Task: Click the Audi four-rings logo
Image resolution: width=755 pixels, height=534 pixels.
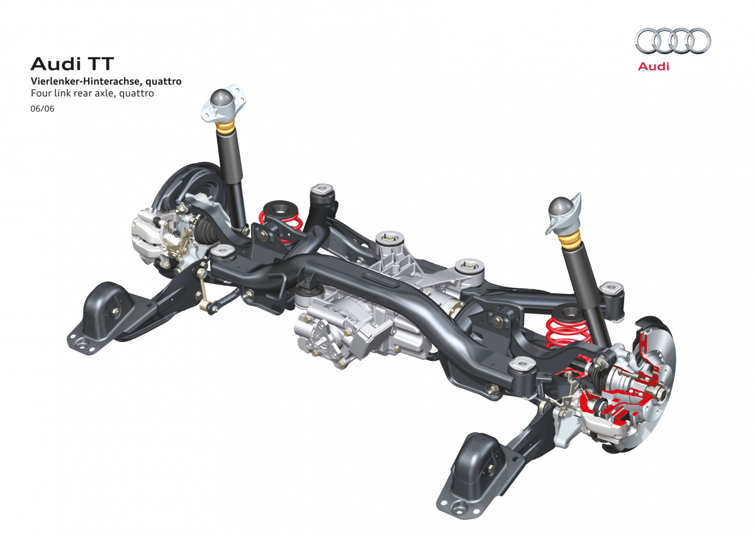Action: click(673, 41)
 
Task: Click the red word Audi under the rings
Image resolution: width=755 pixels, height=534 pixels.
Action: click(653, 66)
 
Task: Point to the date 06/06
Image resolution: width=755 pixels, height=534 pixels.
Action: click(43, 108)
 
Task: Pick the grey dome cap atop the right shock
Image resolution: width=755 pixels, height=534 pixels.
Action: click(561, 208)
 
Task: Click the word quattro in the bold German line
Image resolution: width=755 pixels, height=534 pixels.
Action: click(164, 82)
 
